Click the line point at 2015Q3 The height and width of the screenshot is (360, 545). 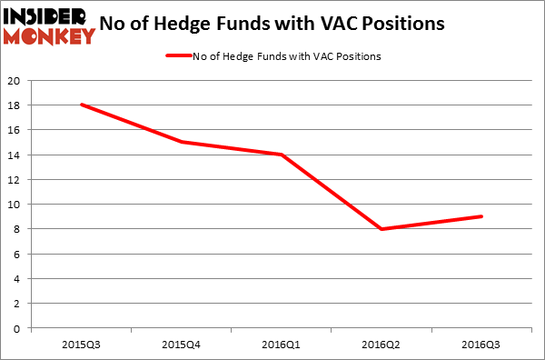[82, 105]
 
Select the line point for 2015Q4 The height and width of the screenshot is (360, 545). [182, 142]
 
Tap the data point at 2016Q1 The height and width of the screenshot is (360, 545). [282, 155]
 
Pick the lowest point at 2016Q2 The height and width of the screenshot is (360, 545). [381, 229]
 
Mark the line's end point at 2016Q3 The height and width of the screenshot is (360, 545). [481, 216]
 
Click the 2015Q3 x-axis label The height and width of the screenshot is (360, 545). [82, 345]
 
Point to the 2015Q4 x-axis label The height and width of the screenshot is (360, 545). [182, 345]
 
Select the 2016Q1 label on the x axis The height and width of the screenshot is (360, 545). [282, 345]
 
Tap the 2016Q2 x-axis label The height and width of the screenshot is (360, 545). [381, 345]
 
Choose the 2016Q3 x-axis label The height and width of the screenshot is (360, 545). [481, 345]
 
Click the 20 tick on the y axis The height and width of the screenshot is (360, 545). [15, 80]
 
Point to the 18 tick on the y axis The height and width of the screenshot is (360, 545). [15, 105]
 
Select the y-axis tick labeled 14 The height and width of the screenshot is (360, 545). [15, 155]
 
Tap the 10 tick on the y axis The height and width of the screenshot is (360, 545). [15, 205]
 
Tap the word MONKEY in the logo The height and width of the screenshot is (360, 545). [49, 36]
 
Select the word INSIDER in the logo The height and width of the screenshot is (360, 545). [49, 15]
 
